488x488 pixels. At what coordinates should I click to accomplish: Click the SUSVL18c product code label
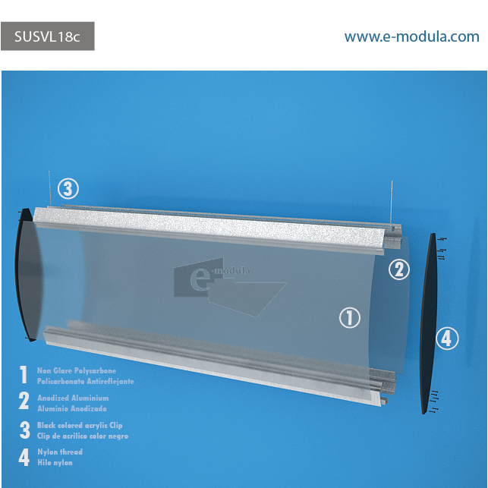(x=47, y=36)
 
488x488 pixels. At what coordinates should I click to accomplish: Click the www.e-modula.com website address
(x=411, y=36)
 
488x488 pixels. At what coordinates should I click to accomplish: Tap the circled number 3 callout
(x=68, y=189)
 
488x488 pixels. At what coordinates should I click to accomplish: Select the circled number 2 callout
(x=399, y=269)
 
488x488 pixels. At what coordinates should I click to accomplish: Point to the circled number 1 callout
(x=350, y=318)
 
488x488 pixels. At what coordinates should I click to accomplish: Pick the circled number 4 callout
(x=447, y=338)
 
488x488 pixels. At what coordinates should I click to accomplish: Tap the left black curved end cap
(x=27, y=275)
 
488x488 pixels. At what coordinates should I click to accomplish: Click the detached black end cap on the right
(x=429, y=323)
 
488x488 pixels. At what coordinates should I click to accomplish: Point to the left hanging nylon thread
(x=49, y=188)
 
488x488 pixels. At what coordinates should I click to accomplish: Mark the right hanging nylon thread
(x=392, y=203)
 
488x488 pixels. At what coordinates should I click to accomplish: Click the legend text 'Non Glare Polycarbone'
(x=77, y=370)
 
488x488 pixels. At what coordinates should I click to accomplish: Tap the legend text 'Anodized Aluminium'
(x=73, y=398)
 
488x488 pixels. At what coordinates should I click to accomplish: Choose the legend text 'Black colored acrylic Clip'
(x=80, y=425)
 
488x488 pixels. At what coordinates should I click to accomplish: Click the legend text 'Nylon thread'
(x=60, y=452)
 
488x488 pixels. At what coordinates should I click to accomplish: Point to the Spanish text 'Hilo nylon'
(x=55, y=462)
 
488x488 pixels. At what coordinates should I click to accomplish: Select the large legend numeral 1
(x=24, y=374)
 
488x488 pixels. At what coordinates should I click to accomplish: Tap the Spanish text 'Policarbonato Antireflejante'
(x=86, y=381)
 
